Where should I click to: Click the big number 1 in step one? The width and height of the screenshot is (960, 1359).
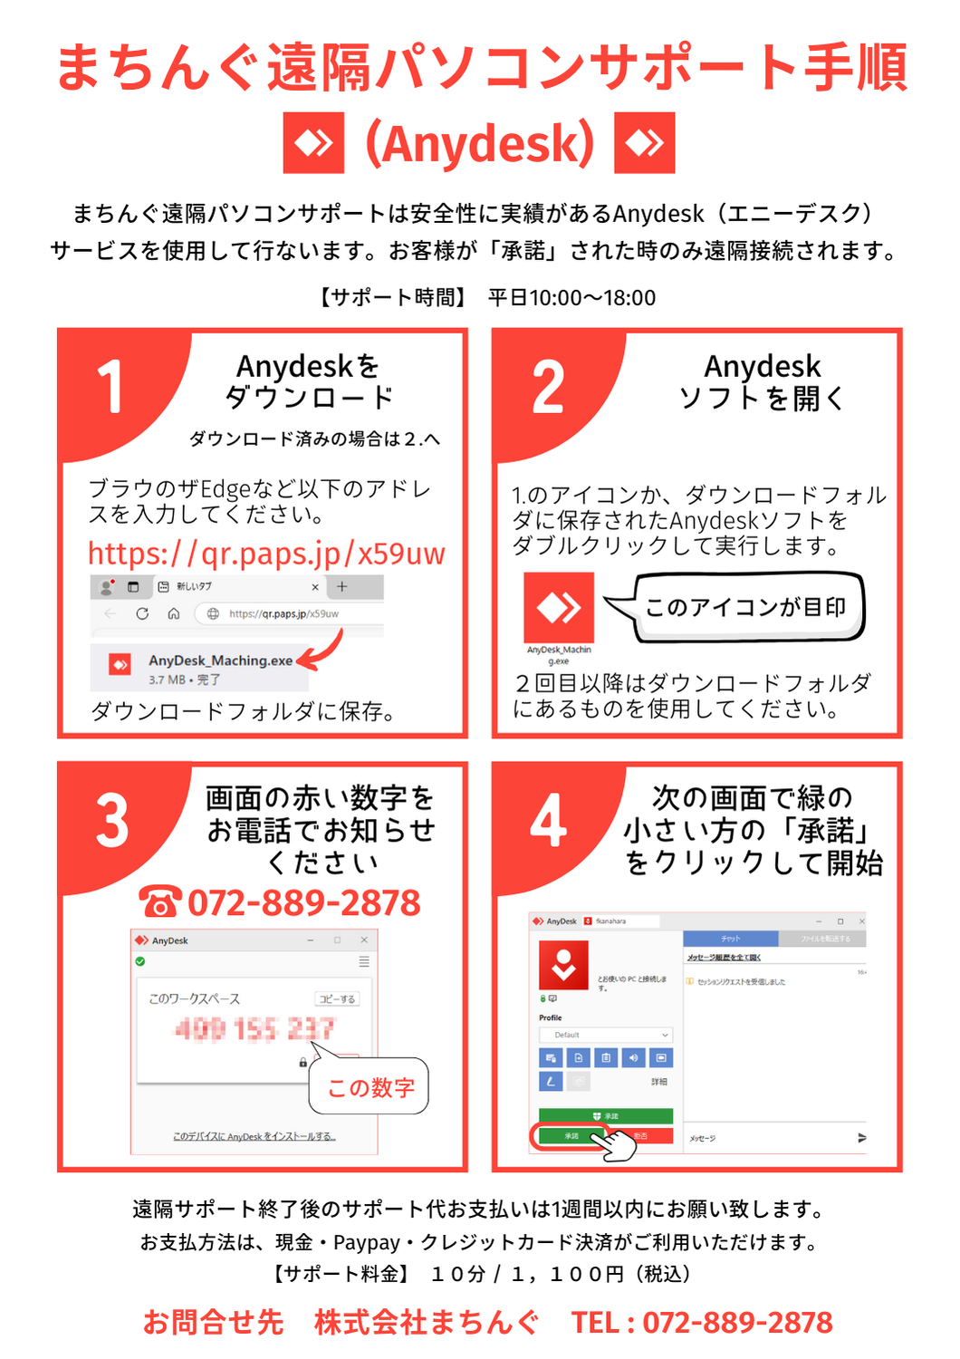110,387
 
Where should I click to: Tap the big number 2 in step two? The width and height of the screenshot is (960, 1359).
548,387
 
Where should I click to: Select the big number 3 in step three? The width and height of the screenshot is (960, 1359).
112,822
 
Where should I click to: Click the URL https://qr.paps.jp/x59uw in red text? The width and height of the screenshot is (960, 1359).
266,553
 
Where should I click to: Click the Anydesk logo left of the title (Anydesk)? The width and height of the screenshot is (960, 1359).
313,142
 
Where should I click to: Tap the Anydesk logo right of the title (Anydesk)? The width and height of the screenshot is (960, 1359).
645,142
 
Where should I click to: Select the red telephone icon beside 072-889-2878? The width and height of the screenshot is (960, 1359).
160,902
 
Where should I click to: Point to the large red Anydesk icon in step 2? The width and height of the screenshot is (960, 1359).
559,607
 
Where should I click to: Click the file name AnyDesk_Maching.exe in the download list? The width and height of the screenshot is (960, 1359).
220,660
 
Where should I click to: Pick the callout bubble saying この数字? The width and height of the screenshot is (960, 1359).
370,1086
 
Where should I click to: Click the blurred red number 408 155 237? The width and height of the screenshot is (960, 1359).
254,1029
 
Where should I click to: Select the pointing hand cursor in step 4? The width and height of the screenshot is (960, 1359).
616,1142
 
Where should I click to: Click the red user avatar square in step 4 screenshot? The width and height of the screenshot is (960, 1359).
563,964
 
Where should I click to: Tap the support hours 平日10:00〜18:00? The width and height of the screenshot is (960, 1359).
571,297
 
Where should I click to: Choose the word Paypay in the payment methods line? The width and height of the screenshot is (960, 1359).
367,1242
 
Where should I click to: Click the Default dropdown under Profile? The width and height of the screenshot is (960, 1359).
606,1035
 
